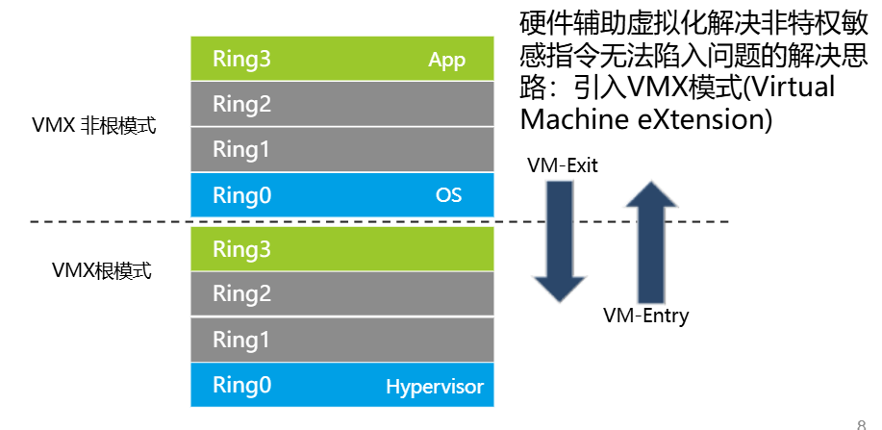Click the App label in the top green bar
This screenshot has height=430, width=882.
point(446,61)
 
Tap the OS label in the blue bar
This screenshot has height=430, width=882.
point(448,195)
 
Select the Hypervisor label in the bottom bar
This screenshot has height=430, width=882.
point(434,388)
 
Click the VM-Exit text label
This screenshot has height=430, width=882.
point(563,165)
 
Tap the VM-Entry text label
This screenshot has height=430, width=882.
point(645,316)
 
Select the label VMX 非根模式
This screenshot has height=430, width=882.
point(93,126)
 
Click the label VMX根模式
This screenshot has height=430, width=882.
point(101,270)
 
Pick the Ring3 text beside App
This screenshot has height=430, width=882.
point(241,60)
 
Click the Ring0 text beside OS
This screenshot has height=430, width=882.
point(241,195)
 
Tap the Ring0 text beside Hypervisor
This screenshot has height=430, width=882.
point(241,386)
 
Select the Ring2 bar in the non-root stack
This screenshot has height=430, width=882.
point(342,104)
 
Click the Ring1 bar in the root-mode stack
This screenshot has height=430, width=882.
point(342,340)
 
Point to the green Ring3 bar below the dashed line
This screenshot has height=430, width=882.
point(342,249)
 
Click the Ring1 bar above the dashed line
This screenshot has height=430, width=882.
point(342,149)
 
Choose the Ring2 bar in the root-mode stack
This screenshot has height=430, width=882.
point(342,293)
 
